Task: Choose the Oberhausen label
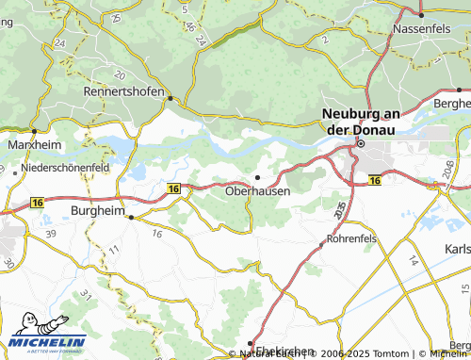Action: coord(258,190)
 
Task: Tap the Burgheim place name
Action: coord(98,211)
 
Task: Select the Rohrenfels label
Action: coord(351,239)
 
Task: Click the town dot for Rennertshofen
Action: coord(170,97)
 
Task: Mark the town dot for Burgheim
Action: coord(131,217)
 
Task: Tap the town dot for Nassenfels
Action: coord(419,14)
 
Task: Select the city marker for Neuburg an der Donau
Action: coord(359,143)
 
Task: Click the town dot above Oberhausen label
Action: coord(258,176)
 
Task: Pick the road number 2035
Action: coord(340,207)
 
